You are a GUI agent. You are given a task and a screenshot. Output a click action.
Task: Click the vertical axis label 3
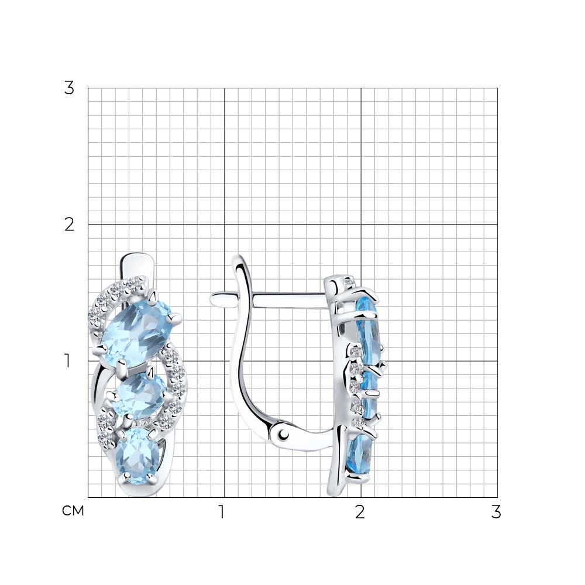pyautogui.click(x=70, y=88)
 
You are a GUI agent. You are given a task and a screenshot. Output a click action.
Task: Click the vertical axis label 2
pyautogui.click(x=70, y=225)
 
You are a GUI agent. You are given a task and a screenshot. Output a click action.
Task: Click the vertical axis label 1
pyautogui.click(x=67, y=361)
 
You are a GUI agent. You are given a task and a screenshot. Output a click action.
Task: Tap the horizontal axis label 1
pyautogui.click(x=222, y=512)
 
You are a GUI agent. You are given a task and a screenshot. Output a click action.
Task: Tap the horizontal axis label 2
pyautogui.click(x=360, y=512)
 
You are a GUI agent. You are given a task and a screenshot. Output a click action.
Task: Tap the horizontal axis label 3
pyautogui.click(x=496, y=512)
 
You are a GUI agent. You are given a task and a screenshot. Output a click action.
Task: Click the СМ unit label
pyautogui.click(x=73, y=511)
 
